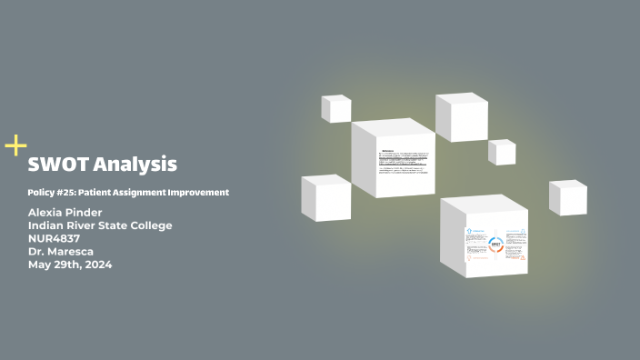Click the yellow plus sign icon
pos(15,145)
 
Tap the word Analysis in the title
pos(135,165)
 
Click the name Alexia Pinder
pos(65,212)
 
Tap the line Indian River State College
pos(100,225)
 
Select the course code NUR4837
pos(55,238)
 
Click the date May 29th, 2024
pos(70,265)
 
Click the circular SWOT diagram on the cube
pos(495,245)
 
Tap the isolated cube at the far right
pos(567,197)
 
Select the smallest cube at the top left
pos(335,108)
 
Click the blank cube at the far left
pos(325,197)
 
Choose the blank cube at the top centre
pos(461,117)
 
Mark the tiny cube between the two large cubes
pos(501,152)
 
